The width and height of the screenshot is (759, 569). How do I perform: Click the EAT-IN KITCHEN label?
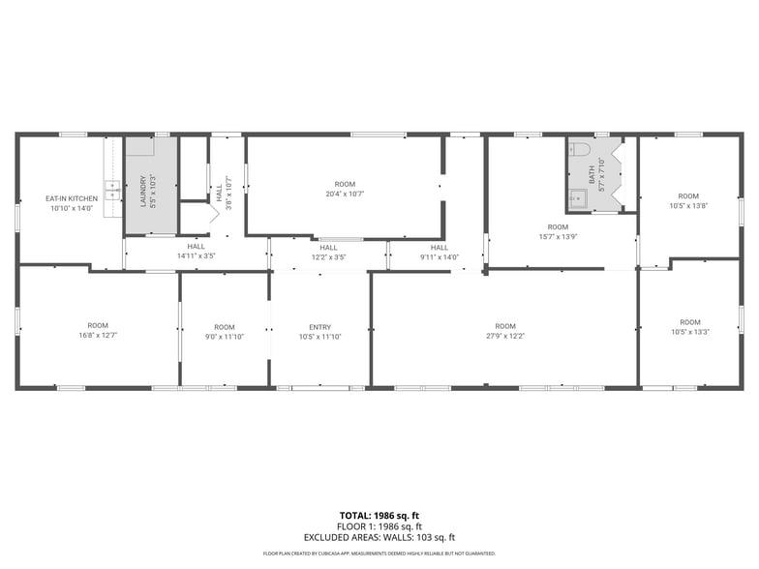click(x=70, y=198)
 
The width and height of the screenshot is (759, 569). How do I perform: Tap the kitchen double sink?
click(x=112, y=189)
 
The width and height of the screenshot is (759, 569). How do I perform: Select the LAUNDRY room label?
click(x=143, y=189)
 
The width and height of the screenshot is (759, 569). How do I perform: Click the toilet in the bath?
click(x=580, y=149)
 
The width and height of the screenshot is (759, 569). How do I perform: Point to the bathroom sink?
click(x=579, y=199)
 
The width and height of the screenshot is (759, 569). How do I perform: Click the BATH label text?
click(x=592, y=175)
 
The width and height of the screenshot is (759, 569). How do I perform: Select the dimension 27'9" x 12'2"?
click(x=505, y=337)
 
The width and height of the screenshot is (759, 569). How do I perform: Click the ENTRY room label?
click(x=319, y=327)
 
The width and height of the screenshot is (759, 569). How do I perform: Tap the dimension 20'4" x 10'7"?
click(x=345, y=194)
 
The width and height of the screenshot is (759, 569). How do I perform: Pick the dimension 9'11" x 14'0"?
click(x=440, y=256)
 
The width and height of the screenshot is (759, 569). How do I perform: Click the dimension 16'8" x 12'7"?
click(x=98, y=336)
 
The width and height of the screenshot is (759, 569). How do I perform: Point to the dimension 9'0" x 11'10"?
click(x=225, y=337)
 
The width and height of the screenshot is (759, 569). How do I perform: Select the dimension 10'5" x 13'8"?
click(x=688, y=205)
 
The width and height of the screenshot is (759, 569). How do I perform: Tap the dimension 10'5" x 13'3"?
click(x=689, y=332)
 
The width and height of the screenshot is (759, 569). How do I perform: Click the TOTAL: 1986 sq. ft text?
click(x=379, y=516)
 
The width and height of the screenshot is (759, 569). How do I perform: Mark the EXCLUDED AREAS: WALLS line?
click(x=379, y=537)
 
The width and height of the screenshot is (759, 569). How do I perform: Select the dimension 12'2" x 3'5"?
click(x=329, y=256)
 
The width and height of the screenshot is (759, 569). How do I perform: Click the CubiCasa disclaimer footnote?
click(x=379, y=554)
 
